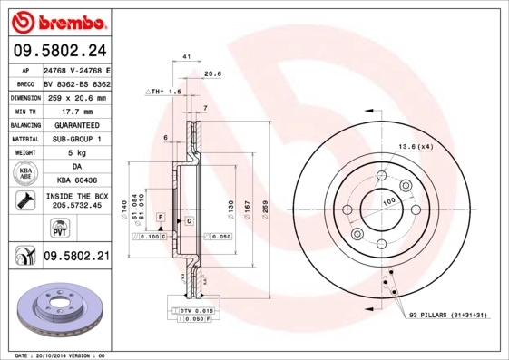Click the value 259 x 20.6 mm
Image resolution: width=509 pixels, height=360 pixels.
75,97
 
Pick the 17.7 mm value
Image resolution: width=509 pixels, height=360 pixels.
75,111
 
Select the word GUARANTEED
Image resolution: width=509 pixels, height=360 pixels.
75,125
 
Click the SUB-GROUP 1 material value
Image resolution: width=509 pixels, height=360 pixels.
75,139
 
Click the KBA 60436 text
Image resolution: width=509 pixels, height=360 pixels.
75,180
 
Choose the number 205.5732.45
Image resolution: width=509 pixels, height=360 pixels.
75,205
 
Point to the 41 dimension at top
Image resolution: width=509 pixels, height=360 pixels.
186,57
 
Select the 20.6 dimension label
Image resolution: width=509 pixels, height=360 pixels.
212,73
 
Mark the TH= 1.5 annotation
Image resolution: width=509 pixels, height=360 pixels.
164,92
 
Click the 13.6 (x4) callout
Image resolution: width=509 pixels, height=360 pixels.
416,146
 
